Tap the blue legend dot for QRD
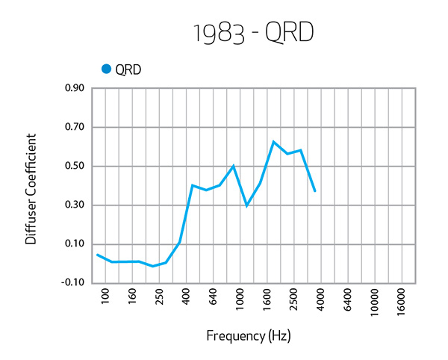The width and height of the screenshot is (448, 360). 106,69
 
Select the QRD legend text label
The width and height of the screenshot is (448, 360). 128,70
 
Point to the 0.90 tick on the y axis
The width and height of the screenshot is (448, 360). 73,88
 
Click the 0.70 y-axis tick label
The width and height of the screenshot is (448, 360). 73,127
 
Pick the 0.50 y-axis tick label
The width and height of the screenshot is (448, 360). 73,166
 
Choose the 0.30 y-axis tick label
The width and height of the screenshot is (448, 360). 73,205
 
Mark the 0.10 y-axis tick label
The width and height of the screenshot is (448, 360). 73,243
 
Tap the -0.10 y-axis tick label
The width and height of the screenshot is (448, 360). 72,282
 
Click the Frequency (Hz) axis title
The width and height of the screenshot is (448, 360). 248,335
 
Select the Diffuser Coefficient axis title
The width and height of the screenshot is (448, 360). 31,189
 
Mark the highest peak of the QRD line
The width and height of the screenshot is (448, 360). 274,141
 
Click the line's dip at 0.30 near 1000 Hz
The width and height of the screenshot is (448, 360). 246,205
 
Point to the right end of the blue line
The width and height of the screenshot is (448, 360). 315,192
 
